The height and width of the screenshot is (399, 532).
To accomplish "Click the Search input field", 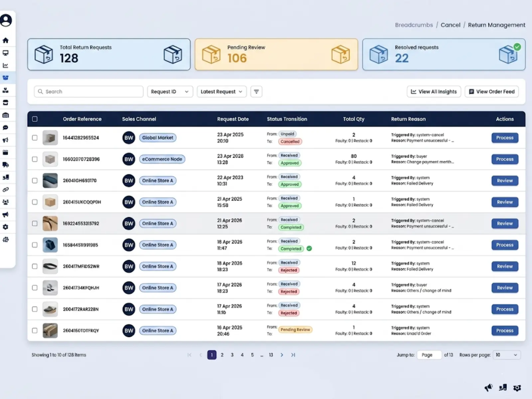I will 88,91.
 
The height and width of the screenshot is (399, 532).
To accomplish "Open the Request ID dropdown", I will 170,91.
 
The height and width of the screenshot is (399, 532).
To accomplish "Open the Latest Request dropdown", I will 221,91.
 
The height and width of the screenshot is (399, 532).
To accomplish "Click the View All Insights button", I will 434,91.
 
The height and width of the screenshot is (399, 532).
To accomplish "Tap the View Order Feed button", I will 491,91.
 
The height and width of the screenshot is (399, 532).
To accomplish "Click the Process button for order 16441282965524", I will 504,138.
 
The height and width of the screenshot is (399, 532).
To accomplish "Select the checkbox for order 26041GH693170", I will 35,181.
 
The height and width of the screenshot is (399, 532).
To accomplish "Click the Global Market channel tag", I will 158,138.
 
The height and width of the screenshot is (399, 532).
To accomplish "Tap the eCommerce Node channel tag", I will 162,159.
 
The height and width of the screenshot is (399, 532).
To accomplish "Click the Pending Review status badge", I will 295,330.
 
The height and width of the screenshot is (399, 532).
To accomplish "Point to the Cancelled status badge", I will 290,141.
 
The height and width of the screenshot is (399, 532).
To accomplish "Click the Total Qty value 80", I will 353,156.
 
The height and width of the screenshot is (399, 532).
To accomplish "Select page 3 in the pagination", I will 232,355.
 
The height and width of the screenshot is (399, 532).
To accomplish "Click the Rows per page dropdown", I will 506,355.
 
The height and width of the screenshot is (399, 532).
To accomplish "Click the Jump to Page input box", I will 429,355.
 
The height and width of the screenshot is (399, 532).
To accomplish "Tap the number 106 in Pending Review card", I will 237,58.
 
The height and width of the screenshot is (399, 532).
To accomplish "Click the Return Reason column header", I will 408,119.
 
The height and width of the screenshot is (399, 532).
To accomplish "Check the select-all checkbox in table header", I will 35,119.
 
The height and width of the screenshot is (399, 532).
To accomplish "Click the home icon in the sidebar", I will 6,40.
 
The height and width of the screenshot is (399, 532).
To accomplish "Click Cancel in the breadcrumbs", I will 450,25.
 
